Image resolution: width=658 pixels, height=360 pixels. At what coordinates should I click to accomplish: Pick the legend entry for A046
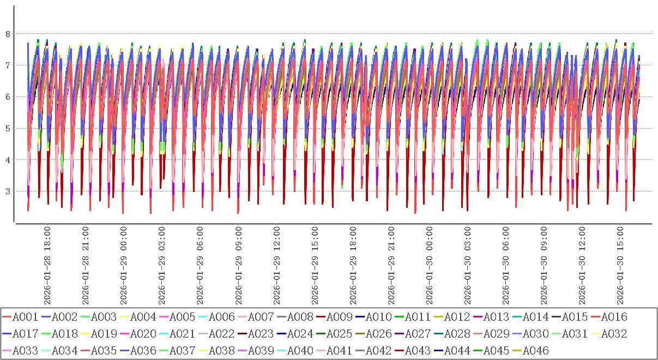(536, 351)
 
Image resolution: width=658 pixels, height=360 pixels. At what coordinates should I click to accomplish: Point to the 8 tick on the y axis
(8, 34)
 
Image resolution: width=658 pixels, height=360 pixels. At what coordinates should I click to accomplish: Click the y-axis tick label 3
(8, 191)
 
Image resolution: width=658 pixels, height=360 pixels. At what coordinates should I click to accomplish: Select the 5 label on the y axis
(8, 129)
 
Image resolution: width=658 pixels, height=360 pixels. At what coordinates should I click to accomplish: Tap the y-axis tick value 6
(8, 97)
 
